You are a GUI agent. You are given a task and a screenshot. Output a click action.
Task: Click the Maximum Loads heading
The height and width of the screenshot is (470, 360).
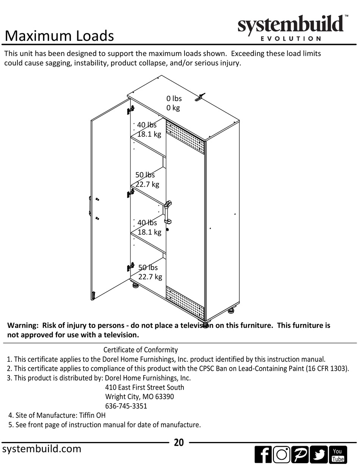pos(59,36)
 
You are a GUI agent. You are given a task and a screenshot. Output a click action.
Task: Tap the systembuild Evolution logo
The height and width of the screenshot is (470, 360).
pos(291,28)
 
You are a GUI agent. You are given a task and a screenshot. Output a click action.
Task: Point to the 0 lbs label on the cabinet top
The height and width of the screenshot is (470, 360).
pos(174,98)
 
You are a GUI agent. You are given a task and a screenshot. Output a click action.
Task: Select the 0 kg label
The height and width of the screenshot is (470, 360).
pos(173,108)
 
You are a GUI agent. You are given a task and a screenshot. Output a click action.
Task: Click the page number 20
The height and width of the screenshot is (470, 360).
pos(179,442)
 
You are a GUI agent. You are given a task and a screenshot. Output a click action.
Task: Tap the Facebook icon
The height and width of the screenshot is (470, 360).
pos(263,454)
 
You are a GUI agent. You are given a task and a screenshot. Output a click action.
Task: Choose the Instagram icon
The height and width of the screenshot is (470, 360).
pos(282,454)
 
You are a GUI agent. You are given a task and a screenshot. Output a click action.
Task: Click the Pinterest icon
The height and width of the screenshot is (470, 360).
pos(300,454)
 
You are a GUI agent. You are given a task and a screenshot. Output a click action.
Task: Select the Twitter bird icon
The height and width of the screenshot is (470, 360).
pos(319,454)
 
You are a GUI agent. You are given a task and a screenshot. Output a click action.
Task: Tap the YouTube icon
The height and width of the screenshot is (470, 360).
pos(337,454)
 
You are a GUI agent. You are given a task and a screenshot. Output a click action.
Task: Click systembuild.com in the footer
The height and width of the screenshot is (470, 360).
pos(42,449)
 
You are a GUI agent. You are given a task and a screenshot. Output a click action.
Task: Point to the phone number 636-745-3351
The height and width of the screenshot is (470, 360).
pos(126,406)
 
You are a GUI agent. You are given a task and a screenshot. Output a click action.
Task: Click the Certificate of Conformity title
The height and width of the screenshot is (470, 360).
pos(141,350)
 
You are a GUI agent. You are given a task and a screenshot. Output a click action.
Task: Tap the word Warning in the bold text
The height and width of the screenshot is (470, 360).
pos(23,325)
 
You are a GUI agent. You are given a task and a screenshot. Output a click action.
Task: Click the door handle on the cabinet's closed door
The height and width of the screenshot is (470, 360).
pos(167,212)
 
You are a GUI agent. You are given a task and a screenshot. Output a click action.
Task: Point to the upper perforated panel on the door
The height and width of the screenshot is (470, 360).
pos(185,137)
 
